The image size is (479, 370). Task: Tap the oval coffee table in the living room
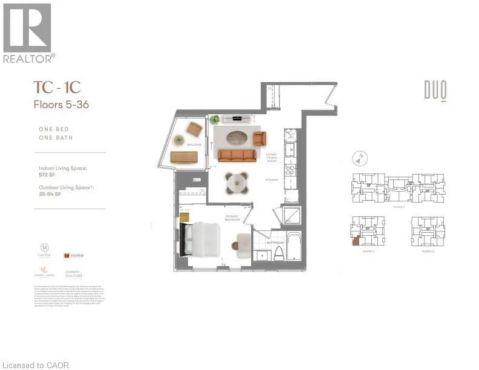pyautogui.click(x=233, y=137)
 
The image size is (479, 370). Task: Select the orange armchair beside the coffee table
pyautogui.click(x=259, y=138)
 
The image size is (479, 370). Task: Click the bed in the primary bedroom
pyautogui.click(x=204, y=238)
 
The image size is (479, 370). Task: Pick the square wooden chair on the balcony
pyautogui.click(x=195, y=128)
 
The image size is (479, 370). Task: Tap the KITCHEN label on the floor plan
pyautogui.click(x=270, y=180)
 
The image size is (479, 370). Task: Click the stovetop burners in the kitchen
pyautogui.click(x=289, y=170)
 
